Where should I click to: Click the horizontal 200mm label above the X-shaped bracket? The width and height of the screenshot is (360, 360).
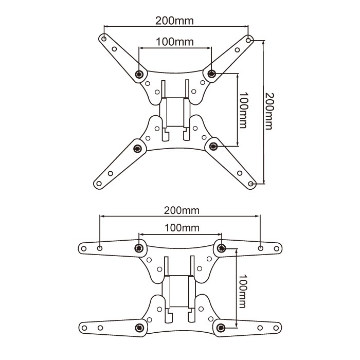click(x=175, y=21)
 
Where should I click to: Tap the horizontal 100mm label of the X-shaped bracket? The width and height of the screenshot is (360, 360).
click(x=175, y=42)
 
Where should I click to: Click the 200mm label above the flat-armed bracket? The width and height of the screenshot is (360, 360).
click(x=182, y=210)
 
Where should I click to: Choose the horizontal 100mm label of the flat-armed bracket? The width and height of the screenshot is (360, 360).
click(x=182, y=228)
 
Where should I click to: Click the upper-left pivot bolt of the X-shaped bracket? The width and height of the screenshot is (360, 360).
click(x=139, y=74)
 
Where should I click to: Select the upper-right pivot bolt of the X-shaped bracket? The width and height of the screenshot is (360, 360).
click(x=211, y=74)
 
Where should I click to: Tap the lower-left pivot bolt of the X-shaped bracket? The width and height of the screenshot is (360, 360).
click(x=137, y=149)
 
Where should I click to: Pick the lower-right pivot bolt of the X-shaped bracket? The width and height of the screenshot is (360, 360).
click(x=213, y=147)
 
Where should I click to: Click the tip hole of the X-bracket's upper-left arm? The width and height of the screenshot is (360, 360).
click(x=104, y=39)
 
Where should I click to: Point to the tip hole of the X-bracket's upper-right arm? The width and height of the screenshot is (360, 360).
click(x=249, y=39)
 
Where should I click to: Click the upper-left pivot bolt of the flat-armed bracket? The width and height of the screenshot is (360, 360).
click(x=139, y=248)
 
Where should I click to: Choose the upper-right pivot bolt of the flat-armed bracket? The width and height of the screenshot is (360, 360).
click(x=221, y=248)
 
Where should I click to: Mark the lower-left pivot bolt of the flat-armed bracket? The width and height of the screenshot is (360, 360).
click(x=139, y=328)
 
